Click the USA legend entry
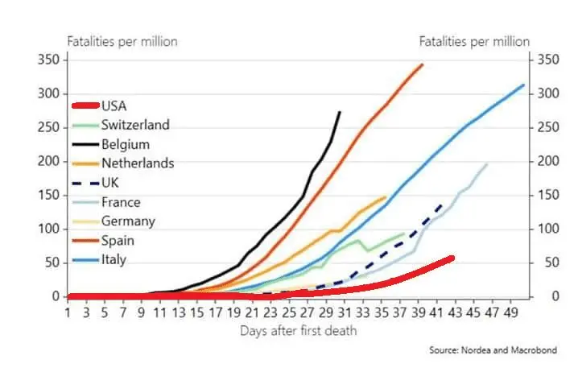(114, 105)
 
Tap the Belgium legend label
(126, 144)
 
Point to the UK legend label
(110, 183)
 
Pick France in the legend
(121, 202)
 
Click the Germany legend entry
(128, 221)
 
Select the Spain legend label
(118, 240)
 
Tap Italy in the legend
(114, 259)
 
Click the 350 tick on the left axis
(48, 60)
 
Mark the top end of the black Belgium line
(340, 112)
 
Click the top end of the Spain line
(423, 64)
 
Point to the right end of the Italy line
(524, 85)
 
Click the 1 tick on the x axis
(68, 312)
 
